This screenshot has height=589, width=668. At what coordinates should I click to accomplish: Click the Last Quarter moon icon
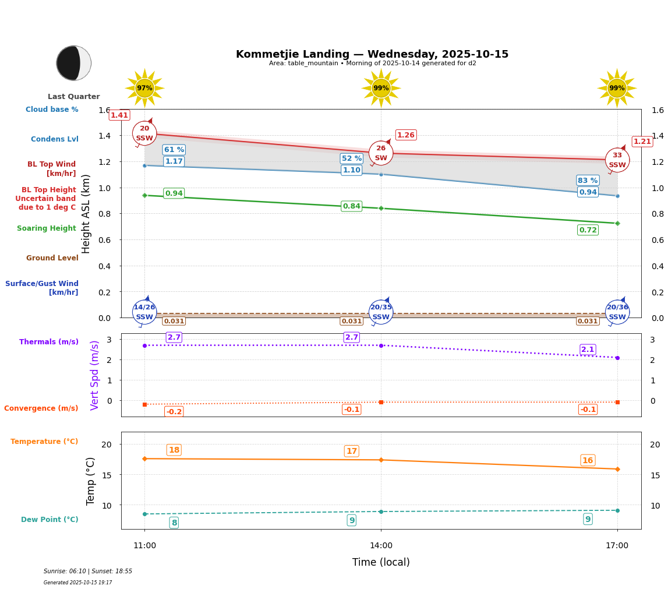[x=73, y=63]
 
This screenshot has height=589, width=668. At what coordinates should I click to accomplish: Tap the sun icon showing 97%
[x=144, y=88]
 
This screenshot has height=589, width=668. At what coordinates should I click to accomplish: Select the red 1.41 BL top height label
[x=119, y=115]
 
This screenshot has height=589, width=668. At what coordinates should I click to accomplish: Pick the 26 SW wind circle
[x=381, y=153]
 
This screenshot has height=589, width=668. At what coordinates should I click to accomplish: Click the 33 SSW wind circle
[x=617, y=160]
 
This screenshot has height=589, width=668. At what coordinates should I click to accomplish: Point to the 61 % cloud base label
[x=174, y=150]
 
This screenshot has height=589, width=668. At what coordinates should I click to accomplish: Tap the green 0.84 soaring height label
[x=351, y=206]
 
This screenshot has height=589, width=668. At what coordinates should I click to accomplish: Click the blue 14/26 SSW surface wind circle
[x=144, y=312]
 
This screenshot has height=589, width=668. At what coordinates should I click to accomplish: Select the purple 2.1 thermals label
[x=588, y=350]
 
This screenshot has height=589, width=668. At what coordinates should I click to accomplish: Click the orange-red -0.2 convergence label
[x=174, y=412]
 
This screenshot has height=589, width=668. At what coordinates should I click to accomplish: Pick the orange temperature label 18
[x=174, y=450]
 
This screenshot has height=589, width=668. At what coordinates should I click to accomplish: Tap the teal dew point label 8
[x=174, y=523]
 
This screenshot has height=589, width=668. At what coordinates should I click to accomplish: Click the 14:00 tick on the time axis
[x=381, y=546]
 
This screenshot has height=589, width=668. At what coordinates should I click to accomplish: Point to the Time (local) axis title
[x=381, y=562]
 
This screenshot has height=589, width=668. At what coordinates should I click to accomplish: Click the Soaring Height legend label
[x=47, y=228]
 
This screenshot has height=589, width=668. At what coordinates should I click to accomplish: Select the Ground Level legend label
[x=52, y=258]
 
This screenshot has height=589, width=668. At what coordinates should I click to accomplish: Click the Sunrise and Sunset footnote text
[x=88, y=572]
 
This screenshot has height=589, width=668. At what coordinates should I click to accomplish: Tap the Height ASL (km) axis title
[x=86, y=213]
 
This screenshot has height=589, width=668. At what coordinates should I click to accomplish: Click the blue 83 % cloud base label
[x=588, y=181]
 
